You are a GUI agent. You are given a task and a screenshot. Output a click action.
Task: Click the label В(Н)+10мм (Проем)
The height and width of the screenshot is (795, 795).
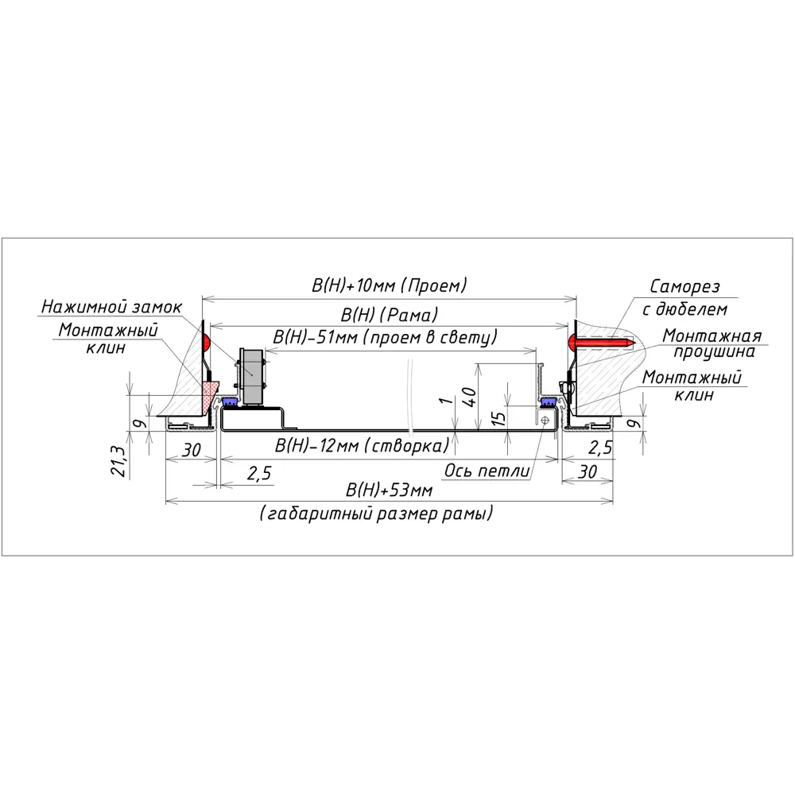[x=389, y=285]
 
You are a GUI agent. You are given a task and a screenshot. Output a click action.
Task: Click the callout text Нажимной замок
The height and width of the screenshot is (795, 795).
[x=112, y=306]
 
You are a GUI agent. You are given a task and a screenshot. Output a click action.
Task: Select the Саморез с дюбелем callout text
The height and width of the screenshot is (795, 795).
[x=688, y=297]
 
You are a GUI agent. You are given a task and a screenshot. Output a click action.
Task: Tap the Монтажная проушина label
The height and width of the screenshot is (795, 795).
[x=712, y=343]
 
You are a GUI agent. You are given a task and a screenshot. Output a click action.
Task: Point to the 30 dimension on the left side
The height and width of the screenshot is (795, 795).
[x=190, y=449]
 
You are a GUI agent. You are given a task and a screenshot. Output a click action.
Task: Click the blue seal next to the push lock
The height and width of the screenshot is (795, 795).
[x=231, y=400]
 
